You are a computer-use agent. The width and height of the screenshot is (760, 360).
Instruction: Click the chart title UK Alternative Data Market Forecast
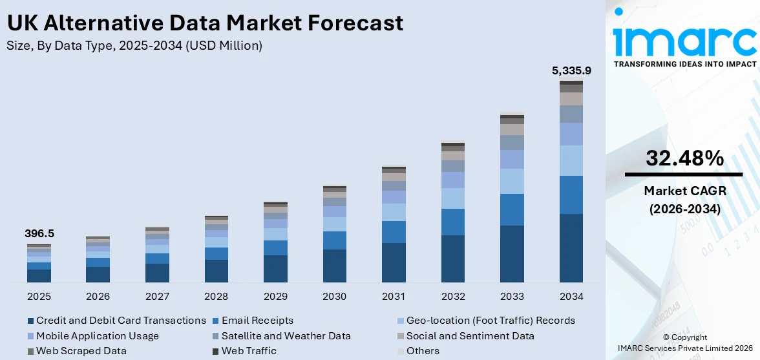[205, 23]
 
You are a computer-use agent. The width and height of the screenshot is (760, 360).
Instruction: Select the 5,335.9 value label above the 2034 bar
[571, 70]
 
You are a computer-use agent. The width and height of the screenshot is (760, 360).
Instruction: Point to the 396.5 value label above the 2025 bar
[39, 233]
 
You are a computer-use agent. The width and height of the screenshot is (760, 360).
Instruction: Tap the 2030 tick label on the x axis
[335, 297]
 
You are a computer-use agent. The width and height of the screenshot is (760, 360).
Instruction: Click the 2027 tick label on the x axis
[157, 297]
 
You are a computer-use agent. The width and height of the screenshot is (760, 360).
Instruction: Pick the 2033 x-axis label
[512, 297]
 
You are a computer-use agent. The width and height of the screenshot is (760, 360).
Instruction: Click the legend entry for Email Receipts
[257, 321]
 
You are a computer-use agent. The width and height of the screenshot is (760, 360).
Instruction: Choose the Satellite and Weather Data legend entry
[286, 336]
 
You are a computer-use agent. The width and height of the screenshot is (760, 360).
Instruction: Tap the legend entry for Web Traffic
[248, 351]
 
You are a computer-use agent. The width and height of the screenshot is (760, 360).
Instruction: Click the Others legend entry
[423, 351]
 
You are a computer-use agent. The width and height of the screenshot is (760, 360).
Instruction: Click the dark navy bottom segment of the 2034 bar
[571, 248]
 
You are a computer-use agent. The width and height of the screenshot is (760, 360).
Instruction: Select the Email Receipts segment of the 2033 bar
[512, 209]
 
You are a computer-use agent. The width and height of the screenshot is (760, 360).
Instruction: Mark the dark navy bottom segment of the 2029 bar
[275, 269]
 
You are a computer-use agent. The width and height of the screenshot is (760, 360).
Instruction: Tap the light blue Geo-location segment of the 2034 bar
[571, 160]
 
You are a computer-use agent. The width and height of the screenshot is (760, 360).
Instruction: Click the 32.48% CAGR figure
[684, 158]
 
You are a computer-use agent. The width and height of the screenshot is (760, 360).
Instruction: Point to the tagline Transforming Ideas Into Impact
[684, 64]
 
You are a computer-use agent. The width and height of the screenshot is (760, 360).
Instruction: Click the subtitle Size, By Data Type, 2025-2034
[134, 45]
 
